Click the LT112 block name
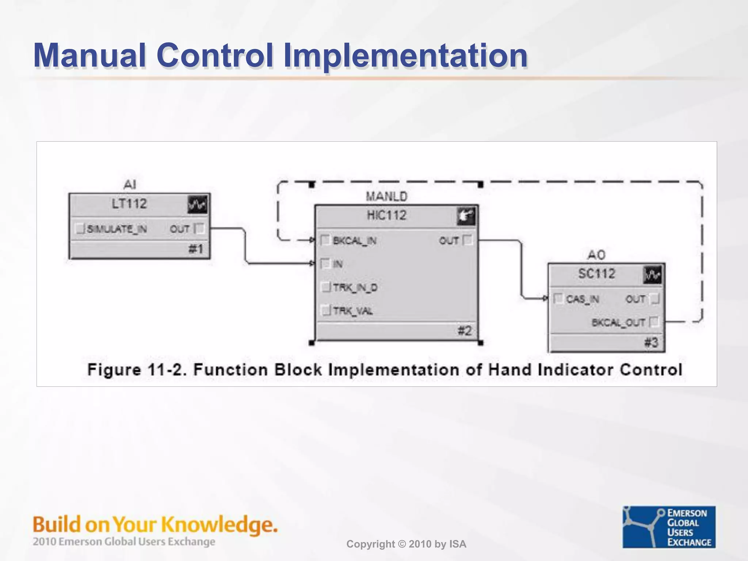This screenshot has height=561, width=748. coord(129,203)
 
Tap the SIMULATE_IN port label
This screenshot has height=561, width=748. coord(117,229)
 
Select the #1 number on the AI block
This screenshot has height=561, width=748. coord(195,249)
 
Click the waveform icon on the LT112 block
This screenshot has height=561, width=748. coord(198,205)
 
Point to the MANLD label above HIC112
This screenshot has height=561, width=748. coord(386,196)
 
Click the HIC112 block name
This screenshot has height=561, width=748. coord(386,215)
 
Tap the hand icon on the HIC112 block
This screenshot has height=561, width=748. coord(466,216)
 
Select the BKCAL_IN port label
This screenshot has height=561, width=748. coord(355,241)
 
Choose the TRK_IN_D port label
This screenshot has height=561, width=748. coord(355,287)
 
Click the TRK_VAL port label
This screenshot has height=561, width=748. coord(353,311)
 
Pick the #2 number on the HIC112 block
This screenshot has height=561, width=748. coord(465,331)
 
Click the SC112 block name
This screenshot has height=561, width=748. coord(596,274)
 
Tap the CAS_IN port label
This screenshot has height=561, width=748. coord(582,299)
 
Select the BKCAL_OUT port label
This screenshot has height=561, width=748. coord(618,323)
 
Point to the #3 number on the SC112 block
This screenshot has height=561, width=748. coord(651,343)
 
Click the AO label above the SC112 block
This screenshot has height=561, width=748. coord(596,255)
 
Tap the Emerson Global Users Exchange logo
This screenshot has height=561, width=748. coord(669,527)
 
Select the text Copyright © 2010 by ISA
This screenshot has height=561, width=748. coord(406,544)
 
